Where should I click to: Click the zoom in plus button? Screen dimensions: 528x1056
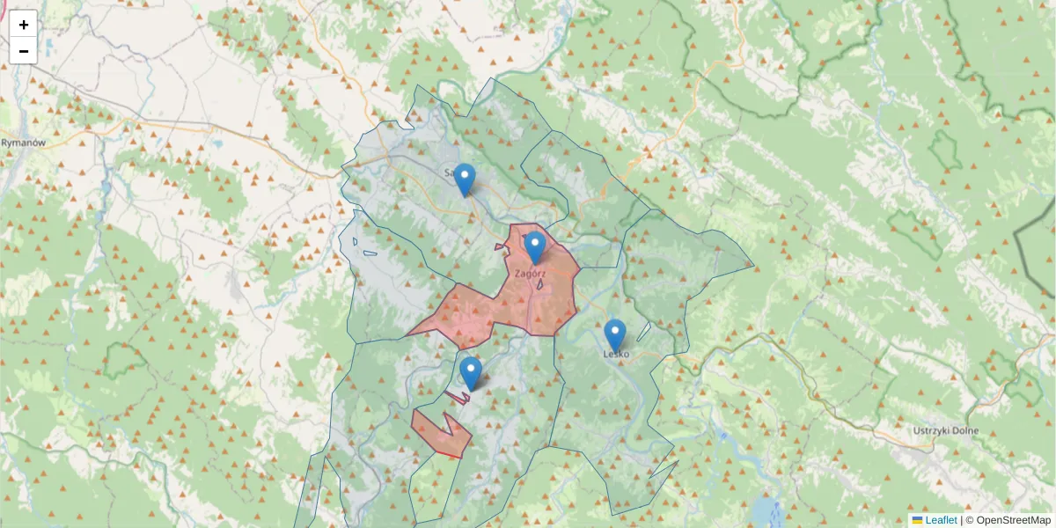pos(24,25)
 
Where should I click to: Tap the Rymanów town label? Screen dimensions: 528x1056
pos(23,142)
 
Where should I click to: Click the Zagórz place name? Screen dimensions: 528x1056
pos(531,274)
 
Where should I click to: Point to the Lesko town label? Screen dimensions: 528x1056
pos(616,355)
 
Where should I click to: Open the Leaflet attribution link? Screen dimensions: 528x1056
pos(941,520)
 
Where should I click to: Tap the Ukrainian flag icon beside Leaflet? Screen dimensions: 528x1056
pos(917,520)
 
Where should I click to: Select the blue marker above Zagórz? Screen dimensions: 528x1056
pos(534,247)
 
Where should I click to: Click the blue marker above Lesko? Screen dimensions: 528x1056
pos(615,335)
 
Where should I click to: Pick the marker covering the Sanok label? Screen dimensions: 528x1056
pos(464,180)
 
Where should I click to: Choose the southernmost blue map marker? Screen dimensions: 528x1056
pos(471,373)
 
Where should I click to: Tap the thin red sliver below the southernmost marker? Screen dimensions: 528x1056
pos(458,397)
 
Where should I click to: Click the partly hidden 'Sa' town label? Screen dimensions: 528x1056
pos(449,172)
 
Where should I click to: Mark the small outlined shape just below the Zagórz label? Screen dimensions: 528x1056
pos(538,284)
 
